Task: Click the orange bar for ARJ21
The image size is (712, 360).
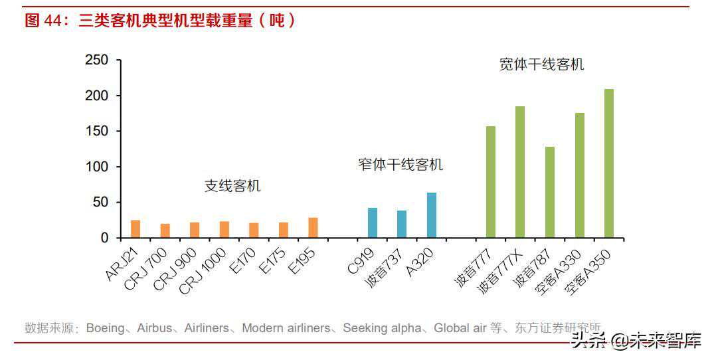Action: point(135,228)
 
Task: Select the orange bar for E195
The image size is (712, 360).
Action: point(313,227)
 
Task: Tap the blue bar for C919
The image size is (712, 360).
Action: point(373,223)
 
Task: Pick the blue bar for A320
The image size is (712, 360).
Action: point(432,215)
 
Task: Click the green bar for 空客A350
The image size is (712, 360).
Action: point(609,163)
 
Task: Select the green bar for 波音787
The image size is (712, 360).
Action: point(550,192)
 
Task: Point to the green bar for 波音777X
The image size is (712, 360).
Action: point(520,171)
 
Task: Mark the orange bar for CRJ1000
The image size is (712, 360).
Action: point(224,229)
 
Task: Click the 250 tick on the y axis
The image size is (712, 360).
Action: point(97,60)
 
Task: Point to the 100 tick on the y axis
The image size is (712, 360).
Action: point(97,167)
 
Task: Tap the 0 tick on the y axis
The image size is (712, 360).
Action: point(104,238)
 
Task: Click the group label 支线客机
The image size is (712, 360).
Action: point(232,186)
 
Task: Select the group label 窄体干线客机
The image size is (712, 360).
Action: point(400,165)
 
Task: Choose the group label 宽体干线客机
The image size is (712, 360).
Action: point(542,64)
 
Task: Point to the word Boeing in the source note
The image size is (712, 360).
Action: point(105,328)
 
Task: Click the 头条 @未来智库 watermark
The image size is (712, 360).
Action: point(636,341)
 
